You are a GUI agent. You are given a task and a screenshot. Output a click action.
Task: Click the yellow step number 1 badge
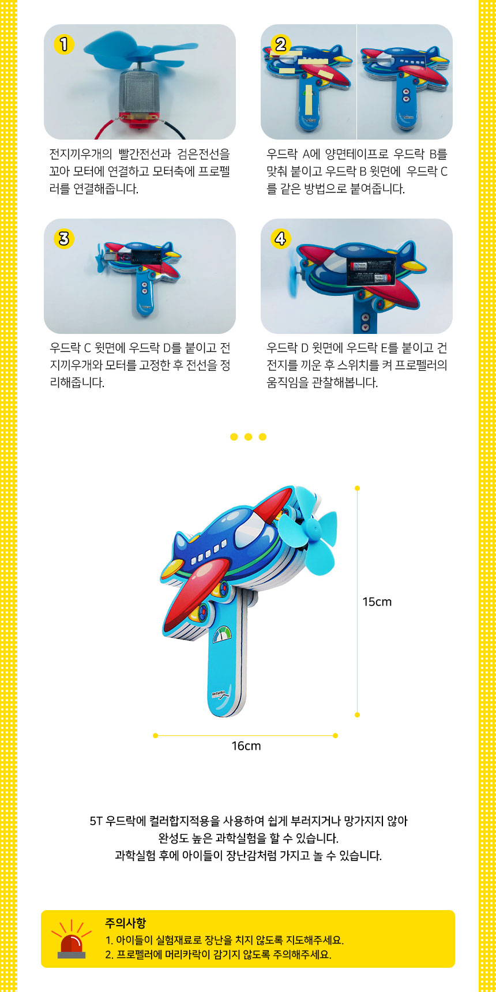63,44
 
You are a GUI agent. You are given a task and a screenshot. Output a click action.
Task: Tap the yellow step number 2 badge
280,44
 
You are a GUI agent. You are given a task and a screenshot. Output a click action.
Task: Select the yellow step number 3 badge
63,239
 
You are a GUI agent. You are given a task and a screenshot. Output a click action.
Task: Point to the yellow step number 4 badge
280,239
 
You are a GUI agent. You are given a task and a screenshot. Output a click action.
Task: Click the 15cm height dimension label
377,602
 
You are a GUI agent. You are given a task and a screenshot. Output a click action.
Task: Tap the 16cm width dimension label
246,746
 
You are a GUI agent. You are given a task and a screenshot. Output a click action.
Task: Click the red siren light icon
72,941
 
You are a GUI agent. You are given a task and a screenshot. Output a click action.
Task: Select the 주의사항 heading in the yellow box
125,923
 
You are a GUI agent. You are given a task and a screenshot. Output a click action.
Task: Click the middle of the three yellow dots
248,437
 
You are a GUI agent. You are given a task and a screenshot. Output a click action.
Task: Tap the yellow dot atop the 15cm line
358,488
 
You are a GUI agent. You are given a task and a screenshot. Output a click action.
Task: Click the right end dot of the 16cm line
335,735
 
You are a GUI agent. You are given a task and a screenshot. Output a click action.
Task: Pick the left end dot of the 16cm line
155,735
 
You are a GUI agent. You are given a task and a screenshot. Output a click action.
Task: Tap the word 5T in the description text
96,821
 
